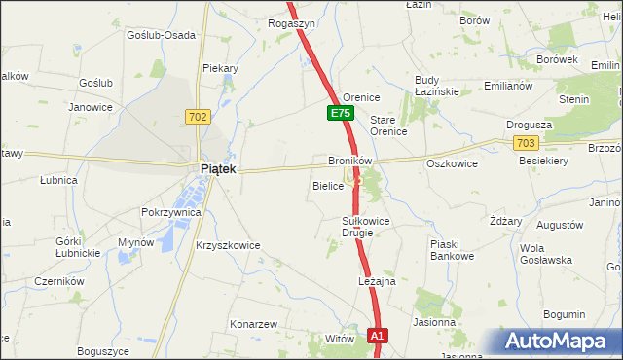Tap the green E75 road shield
tap(339, 114)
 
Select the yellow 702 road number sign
tap(198, 117)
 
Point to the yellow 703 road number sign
tap(526, 142)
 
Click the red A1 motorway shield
tap(379, 336)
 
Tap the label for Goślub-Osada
tap(161, 34)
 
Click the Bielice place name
tap(328, 185)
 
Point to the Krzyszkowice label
tap(228, 245)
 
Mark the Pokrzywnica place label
tap(170, 211)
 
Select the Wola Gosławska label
tap(544, 254)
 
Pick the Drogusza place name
tap(530, 125)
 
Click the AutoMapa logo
tap(560, 342)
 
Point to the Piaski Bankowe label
tap(452, 250)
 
